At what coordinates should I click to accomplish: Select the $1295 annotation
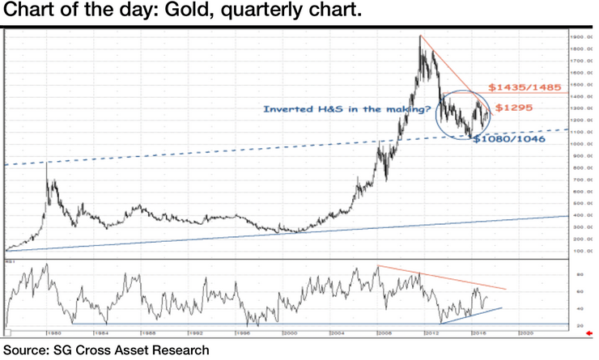pyautogui.click(x=514, y=108)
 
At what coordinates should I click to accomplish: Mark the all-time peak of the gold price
pyautogui.click(x=419, y=36)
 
